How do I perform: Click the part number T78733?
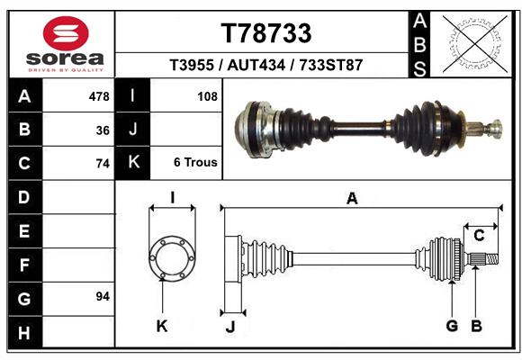(266, 33)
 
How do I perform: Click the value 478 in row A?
(99, 95)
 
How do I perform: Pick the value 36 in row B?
(103, 130)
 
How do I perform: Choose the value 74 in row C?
(103, 164)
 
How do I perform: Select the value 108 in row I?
(207, 95)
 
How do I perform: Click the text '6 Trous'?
(195, 163)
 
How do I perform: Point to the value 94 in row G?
(103, 296)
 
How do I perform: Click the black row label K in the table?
(133, 163)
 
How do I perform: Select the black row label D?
(24, 196)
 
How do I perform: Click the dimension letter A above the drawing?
(352, 199)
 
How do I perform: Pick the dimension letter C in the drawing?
(480, 236)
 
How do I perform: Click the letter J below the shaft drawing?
(229, 327)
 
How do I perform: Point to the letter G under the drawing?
(452, 326)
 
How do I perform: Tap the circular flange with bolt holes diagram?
(171, 256)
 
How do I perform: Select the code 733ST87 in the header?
(331, 66)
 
